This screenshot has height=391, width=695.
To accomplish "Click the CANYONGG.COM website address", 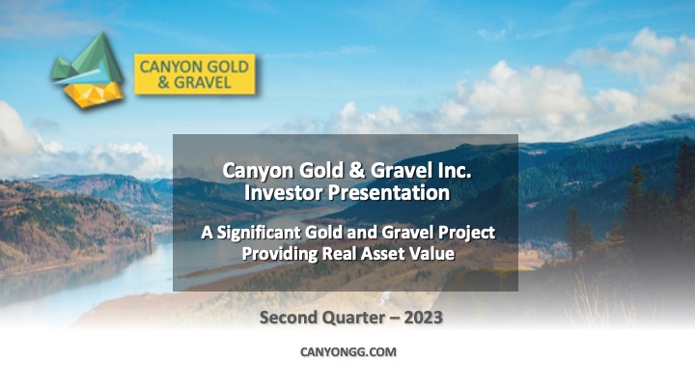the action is pyautogui.click(x=348, y=352).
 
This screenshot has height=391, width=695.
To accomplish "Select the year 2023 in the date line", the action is pyautogui.click(x=424, y=318).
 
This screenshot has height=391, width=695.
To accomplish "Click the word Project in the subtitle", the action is pyautogui.click(x=469, y=233).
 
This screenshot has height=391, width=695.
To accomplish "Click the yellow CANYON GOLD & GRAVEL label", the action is pyautogui.click(x=195, y=74).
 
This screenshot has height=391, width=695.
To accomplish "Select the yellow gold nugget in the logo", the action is pyautogui.click(x=94, y=94).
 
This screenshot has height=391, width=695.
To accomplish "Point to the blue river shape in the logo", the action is pyautogui.click(x=84, y=75).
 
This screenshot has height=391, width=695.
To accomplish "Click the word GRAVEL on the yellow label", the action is pyautogui.click(x=203, y=82).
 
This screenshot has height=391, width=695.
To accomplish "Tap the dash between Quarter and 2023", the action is pyautogui.click(x=395, y=319).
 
